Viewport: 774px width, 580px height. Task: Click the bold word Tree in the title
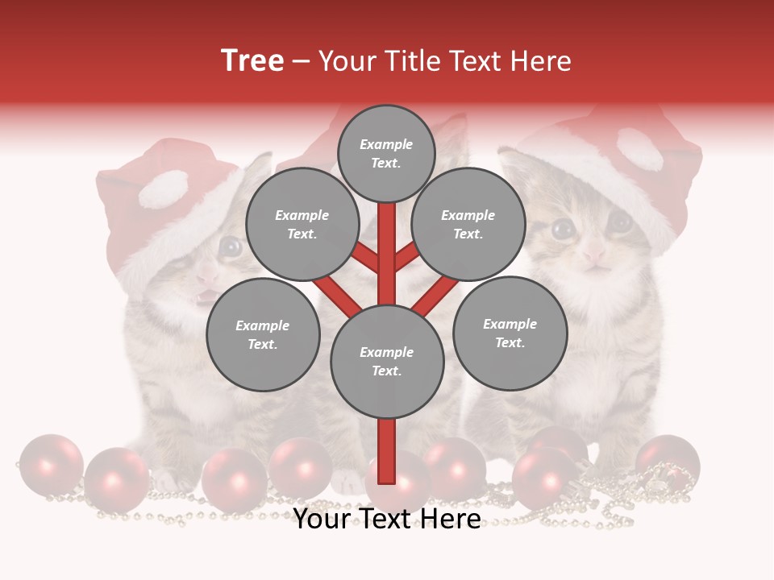point(252,60)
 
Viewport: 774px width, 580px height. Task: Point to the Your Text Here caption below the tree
point(387,519)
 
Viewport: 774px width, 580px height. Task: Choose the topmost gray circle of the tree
point(386,153)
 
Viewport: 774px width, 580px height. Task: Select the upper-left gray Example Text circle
point(302,224)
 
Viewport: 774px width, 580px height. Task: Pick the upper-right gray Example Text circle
point(468,224)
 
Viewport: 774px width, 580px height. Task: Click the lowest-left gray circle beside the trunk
point(263,334)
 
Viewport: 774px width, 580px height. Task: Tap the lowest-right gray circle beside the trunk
point(510,333)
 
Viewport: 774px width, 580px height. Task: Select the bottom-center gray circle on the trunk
point(387,361)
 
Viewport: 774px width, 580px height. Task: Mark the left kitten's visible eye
point(231,246)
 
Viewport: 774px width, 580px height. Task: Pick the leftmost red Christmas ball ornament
point(50,465)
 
